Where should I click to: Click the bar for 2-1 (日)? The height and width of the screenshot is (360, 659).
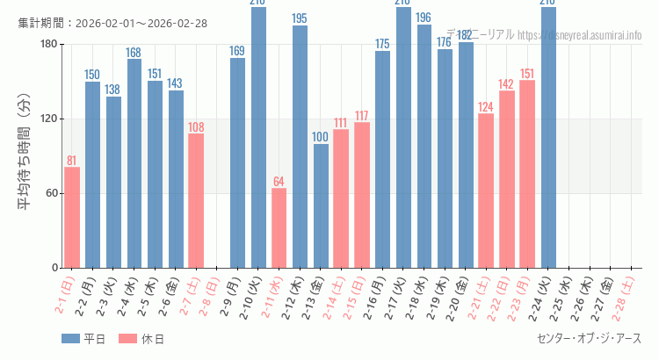click(x=72, y=217)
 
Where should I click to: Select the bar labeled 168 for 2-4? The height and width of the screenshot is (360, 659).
click(x=134, y=163)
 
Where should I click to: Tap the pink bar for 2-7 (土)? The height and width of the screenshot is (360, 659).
click(x=196, y=200)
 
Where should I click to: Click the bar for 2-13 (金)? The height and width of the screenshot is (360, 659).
click(x=321, y=205)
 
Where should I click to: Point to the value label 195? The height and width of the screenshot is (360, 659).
click(x=300, y=18)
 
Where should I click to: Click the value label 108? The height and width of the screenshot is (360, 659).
click(x=196, y=127)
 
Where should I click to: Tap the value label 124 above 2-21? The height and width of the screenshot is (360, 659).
click(x=486, y=107)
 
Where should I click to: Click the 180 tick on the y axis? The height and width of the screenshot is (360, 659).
click(x=48, y=44)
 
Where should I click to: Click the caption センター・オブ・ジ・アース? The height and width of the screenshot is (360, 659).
click(x=589, y=338)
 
